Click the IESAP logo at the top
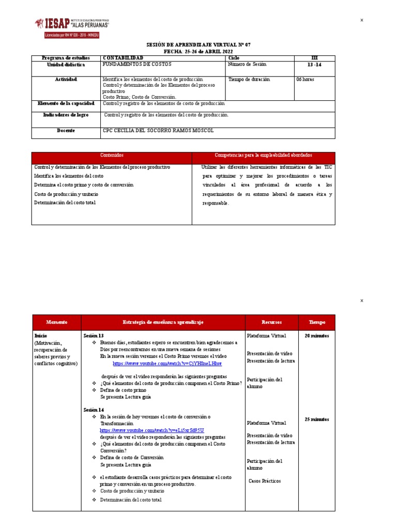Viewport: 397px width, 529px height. (72, 25)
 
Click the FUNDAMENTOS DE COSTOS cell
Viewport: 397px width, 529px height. (136, 65)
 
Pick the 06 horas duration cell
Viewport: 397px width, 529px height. (305, 80)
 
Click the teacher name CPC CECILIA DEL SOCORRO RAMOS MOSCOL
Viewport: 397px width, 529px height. (158, 131)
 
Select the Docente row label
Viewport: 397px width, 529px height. (66, 131)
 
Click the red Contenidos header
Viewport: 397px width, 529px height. (112, 155)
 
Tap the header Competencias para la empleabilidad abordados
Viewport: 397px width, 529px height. (263, 155)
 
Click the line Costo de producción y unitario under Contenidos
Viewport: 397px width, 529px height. (66, 194)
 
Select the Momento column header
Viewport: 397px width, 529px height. (56, 322)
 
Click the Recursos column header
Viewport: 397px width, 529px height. (271, 322)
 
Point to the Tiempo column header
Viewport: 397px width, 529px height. (317, 322)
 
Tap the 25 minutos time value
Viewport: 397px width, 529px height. (317, 419)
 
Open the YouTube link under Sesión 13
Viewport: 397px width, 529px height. (167, 364)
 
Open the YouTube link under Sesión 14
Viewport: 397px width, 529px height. (152, 430)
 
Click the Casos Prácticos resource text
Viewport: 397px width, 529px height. (265, 481)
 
